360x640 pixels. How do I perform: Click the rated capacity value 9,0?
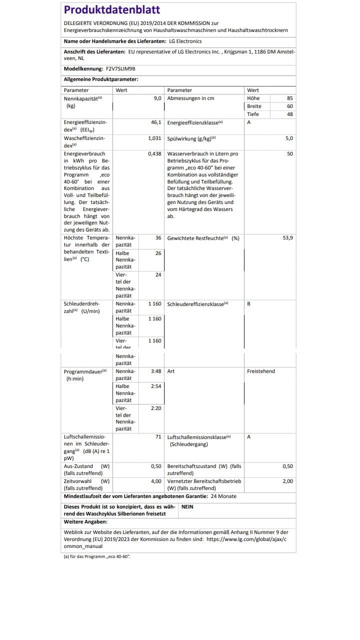click(157, 98)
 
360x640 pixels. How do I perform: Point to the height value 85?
click(290, 98)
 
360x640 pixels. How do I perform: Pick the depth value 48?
click(290, 114)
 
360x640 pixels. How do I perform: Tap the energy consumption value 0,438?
click(154, 154)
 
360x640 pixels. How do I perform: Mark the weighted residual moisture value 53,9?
click(288, 238)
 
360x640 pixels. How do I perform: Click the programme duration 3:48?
click(156, 371)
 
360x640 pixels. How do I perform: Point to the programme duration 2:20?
click(156, 408)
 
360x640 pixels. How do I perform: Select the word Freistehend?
click(261, 371)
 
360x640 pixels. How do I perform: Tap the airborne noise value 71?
click(158, 437)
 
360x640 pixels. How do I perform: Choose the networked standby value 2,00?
click(287, 481)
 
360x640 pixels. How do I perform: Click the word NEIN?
click(187, 507)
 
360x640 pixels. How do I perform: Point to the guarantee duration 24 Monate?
click(223, 496)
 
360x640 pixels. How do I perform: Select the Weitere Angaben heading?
click(85, 522)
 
